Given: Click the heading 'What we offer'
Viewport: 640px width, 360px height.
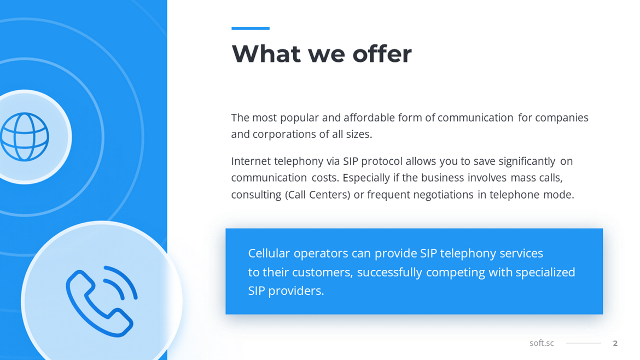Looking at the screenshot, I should coord(322,54).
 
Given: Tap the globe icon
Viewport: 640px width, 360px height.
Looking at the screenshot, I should coord(25,137).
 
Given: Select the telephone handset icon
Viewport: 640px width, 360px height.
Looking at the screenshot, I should coord(101,301).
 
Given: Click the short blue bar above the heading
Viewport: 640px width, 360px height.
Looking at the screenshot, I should coord(251,28).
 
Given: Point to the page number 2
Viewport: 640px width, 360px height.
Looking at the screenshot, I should coord(615,343).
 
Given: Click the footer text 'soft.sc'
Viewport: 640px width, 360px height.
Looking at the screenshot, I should coord(542,343).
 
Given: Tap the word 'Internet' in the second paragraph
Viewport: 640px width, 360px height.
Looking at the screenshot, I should coord(251,161).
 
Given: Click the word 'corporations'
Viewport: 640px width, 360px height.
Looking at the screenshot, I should coord(284,135).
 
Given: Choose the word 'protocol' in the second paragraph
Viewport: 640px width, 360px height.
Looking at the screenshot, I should coord(381,161).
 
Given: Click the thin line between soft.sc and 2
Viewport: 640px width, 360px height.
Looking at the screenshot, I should coord(583,343).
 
